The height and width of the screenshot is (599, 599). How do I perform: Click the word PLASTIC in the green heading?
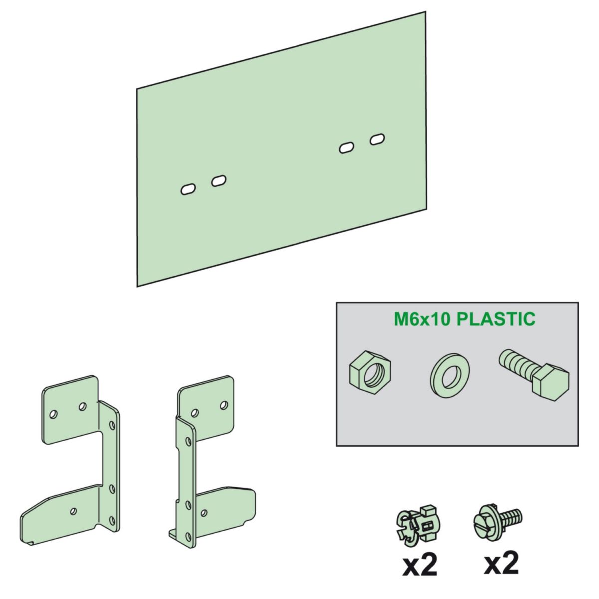coord(496,319)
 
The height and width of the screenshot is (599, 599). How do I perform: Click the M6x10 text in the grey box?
coord(423,319)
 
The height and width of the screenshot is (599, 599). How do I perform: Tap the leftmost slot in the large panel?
coord(187,190)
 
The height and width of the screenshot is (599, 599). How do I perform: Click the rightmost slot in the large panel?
coord(377,139)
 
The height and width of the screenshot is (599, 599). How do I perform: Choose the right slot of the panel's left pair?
coord(219,181)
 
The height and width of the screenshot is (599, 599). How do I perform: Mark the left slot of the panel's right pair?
coord(346,148)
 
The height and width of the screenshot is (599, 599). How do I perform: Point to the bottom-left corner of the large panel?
coord(138,286)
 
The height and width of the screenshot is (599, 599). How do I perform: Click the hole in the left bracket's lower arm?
coord(74,510)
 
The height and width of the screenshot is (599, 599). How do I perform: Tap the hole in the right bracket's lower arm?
coord(203,512)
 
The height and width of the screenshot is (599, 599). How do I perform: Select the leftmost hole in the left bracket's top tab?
coord(54,413)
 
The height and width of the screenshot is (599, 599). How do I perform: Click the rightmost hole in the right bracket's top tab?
coord(224,404)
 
